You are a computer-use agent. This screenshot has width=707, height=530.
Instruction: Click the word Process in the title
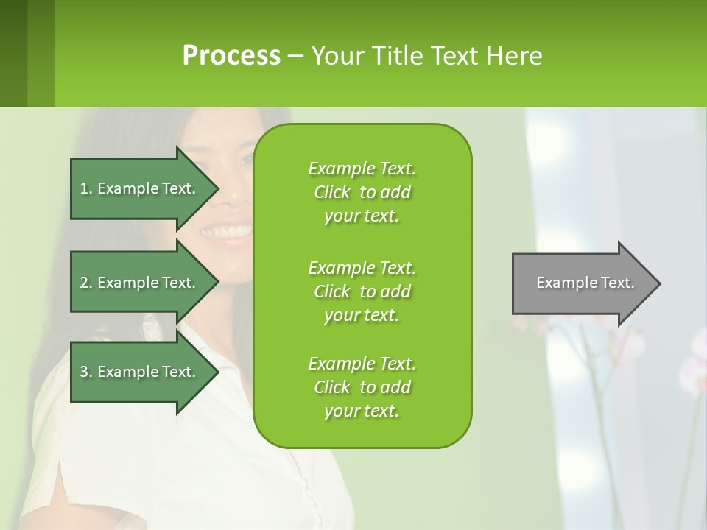[x=231, y=56]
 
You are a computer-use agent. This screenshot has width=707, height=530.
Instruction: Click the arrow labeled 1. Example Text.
[x=140, y=188]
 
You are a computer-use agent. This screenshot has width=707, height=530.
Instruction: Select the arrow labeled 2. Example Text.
[x=140, y=283]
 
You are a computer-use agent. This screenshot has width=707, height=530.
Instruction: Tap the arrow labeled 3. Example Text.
[x=140, y=372]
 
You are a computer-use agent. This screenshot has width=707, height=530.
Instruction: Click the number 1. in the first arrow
[x=86, y=188]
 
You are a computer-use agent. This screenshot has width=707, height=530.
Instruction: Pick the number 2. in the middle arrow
[x=86, y=283]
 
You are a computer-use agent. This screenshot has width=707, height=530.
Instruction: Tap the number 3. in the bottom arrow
[x=86, y=372]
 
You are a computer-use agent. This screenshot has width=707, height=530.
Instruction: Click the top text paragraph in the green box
[x=362, y=192]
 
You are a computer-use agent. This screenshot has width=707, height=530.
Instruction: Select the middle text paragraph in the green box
[x=362, y=291]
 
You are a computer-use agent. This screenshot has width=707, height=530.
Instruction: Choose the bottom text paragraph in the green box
[x=362, y=387]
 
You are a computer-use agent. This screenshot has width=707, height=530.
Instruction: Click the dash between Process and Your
[x=295, y=57]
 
